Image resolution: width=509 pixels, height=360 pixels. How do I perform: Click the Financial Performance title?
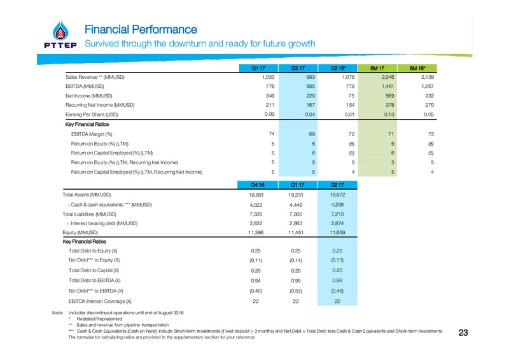pyautogui.click(x=141, y=29)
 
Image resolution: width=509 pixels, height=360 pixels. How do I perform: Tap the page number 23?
pyautogui.click(x=463, y=333)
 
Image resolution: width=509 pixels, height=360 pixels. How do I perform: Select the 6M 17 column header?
pyautogui.click(x=377, y=68)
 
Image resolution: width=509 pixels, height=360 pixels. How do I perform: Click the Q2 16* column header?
pyautogui.click(x=338, y=68)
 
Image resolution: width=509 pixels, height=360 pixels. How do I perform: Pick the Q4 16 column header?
pyautogui.click(x=258, y=184)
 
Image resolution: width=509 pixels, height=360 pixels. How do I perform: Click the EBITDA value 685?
pyautogui.click(x=310, y=87)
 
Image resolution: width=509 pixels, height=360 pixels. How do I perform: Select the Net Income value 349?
pyautogui.click(x=270, y=96)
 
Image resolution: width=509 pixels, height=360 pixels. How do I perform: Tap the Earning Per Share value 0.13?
pyautogui.click(x=389, y=114)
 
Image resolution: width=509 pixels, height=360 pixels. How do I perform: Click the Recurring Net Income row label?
pyautogui.click(x=100, y=105)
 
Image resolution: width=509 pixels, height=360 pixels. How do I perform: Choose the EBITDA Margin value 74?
pyautogui.click(x=272, y=134)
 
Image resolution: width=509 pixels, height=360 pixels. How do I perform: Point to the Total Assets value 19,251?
pyautogui.click(x=296, y=195)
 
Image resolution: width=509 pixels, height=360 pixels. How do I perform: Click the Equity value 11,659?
pyautogui.click(x=337, y=232)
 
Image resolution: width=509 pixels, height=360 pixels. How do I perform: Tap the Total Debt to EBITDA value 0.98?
pyautogui.click(x=337, y=280)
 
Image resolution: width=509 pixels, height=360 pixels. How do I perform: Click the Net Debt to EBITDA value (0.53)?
pyautogui.click(x=296, y=291)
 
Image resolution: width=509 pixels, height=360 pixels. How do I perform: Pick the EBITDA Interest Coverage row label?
pyautogui.click(x=100, y=301)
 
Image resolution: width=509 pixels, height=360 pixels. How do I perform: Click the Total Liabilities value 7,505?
pyautogui.click(x=256, y=214)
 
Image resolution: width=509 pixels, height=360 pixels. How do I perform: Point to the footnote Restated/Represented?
pyautogui.click(x=99, y=319)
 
